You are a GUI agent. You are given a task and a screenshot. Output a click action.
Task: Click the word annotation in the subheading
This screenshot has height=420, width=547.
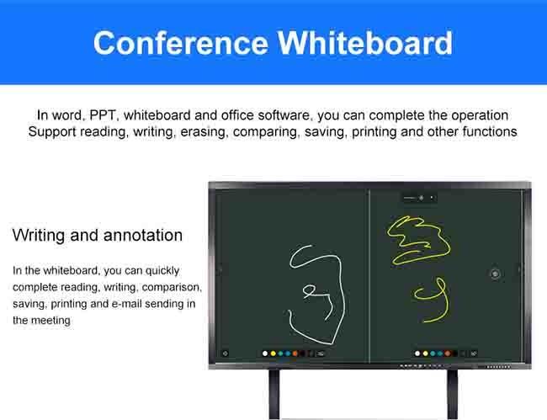click(142, 235)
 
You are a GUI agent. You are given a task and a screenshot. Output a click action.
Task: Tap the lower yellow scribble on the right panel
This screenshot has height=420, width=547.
click(430, 300)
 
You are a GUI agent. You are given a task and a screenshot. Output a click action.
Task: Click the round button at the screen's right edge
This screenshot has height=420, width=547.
click(495, 274)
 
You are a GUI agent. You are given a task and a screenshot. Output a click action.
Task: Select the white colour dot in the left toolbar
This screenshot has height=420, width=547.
click(264, 354)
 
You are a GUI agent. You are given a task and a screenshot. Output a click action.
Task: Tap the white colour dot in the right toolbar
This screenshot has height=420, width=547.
click(418, 354)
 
